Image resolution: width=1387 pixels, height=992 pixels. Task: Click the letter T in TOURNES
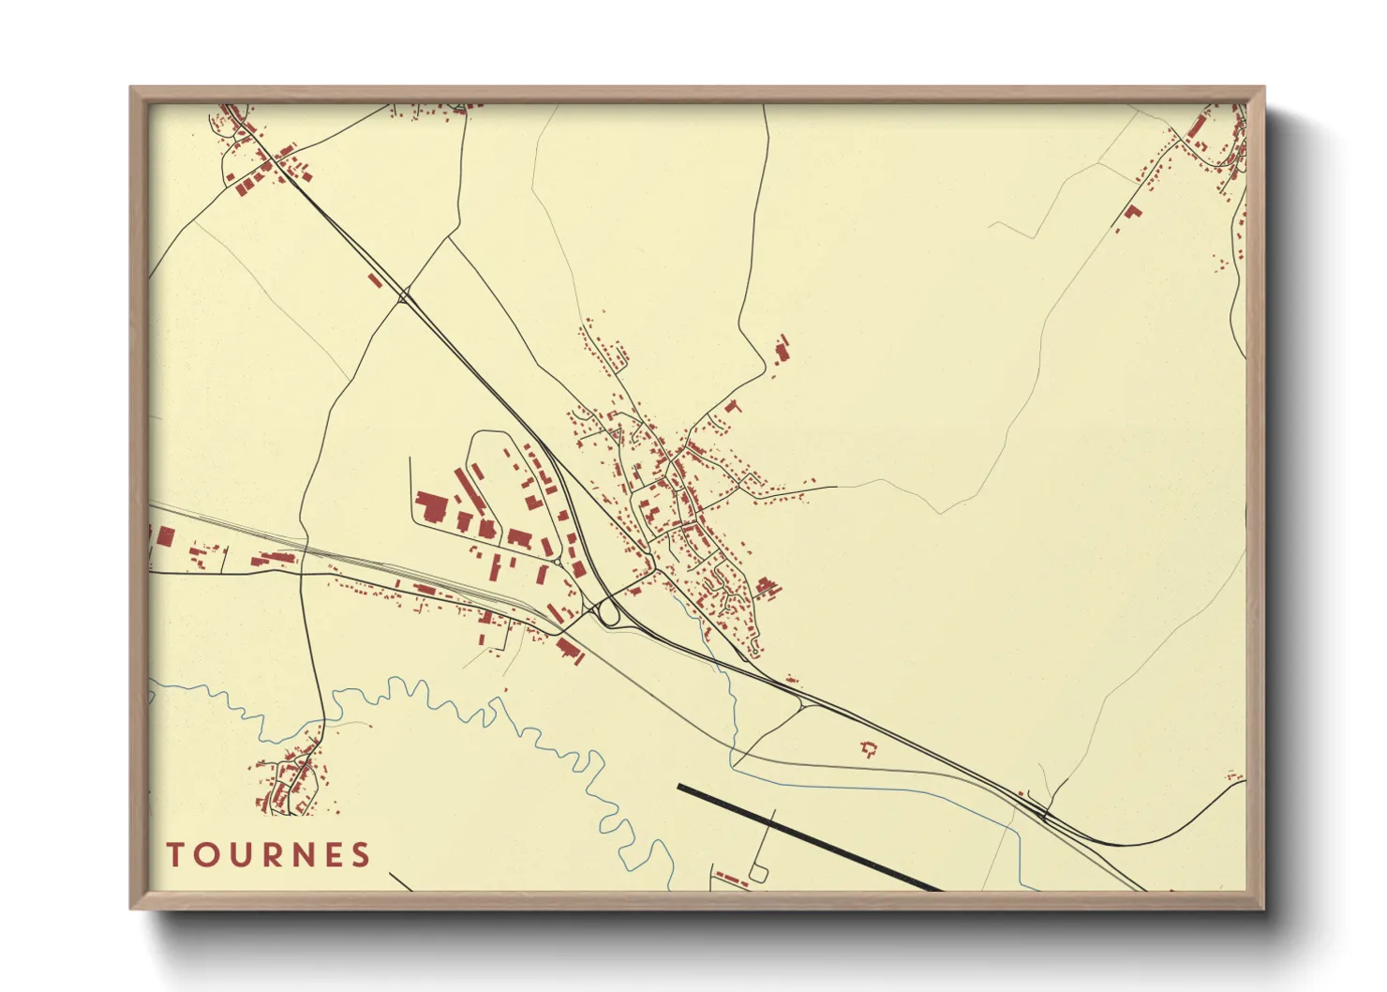tap(174, 855)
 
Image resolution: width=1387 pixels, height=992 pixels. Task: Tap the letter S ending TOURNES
tap(361, 855)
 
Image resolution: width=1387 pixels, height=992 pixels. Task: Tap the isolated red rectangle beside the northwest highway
tap(376, 279)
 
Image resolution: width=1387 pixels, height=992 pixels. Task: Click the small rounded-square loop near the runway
tap(758, 873)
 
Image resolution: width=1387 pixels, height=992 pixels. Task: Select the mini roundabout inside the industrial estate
tap(559, 560)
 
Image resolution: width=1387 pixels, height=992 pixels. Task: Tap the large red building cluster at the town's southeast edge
tap(768, 588)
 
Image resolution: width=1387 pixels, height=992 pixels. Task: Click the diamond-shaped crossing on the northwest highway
tap(405, 297)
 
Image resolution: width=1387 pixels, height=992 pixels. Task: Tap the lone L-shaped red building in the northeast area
tap(1133, 212)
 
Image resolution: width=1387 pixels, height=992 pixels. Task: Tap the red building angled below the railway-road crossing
tap(569, 650)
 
